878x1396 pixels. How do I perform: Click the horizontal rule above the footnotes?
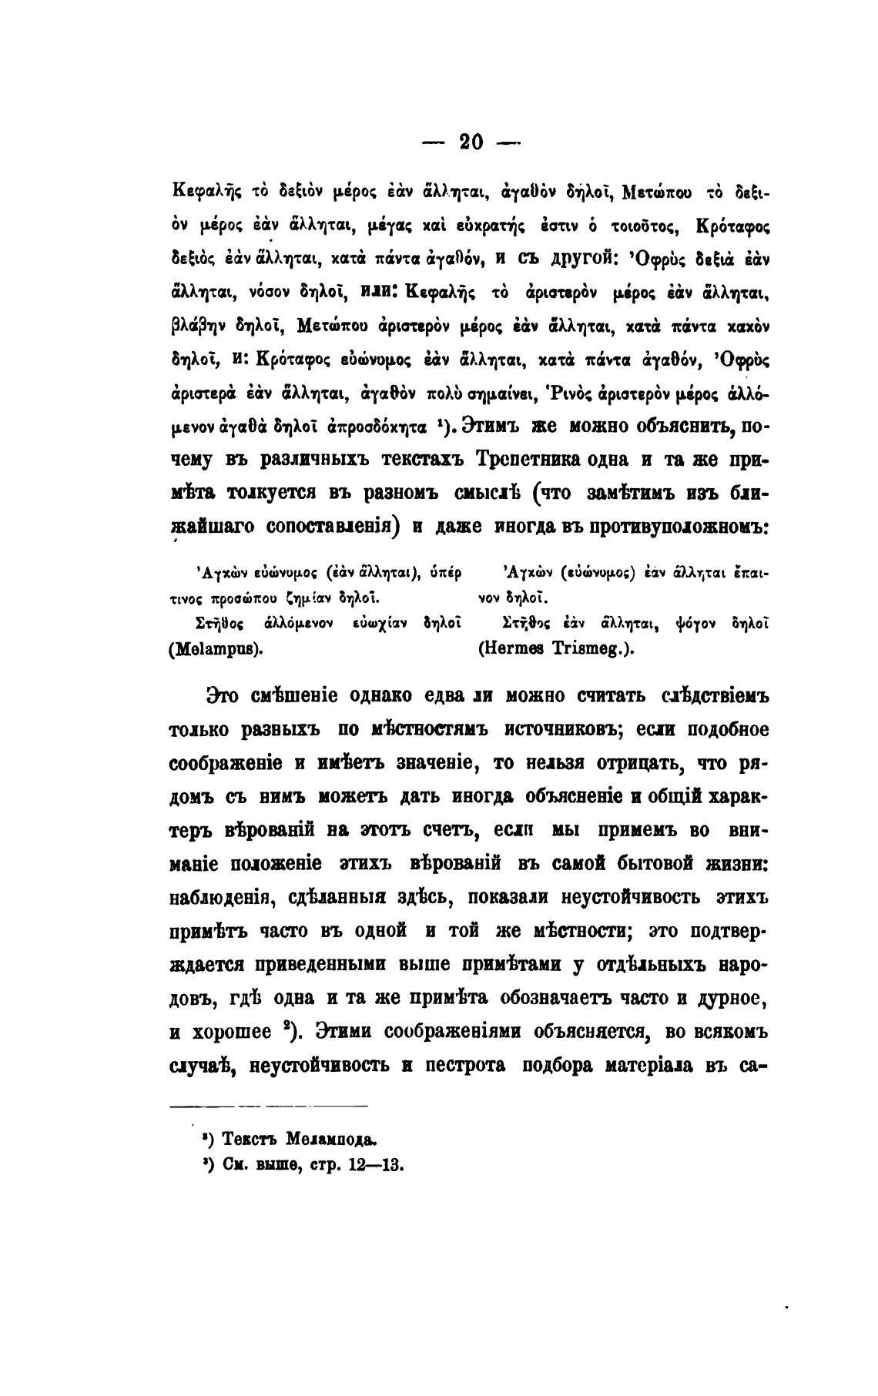(x=268, y=1106)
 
